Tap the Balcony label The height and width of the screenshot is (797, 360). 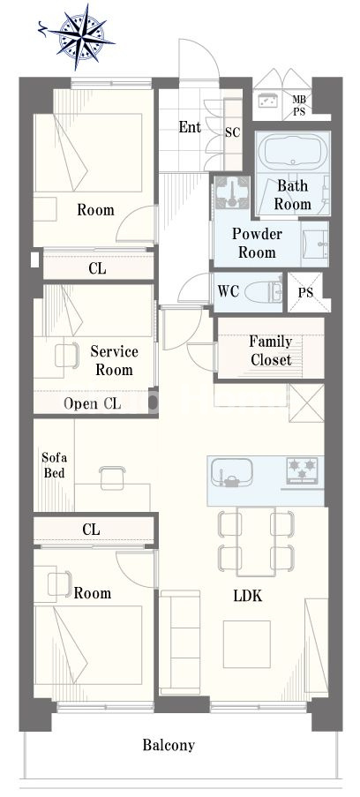(x=169, y=746)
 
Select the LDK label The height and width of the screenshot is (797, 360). (x=248, y=596)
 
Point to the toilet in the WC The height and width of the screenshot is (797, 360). (x=262, y=292)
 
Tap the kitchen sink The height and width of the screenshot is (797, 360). (x=231, y=472)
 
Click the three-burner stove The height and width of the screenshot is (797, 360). (x=303, y=469)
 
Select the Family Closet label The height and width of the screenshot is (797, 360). (x=271, y=350)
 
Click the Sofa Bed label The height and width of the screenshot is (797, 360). (x=54, y=465)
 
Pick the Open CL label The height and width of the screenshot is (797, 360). (x=93, y=404)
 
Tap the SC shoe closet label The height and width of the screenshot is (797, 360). (x=232, y=133)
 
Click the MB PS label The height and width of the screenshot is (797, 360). (x=299, y=105)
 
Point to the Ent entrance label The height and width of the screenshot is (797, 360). (x=190, y=127)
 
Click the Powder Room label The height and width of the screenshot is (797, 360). (x=257, y=243)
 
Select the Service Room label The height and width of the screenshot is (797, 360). (x=115, y=360)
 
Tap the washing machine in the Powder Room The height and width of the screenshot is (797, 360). (x=232, y=193)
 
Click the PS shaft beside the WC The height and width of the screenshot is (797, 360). (x=306, y=293)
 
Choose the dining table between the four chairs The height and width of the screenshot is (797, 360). (x=256, y=541)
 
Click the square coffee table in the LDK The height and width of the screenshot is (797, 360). (x=246, y=644)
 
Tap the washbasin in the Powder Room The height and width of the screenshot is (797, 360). (x=315, y=244)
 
